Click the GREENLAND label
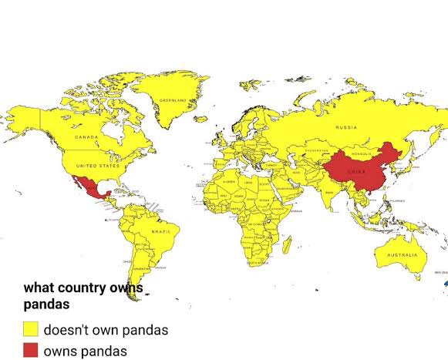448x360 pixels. click(x=173, y=100)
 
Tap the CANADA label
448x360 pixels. click(x=86, y=136)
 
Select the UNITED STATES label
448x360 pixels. click(x=98, y=165)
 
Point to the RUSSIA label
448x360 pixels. click(x=345, y=126)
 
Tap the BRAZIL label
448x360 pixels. click(x=161, y=231)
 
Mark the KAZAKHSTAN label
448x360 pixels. click(x=315, y=151)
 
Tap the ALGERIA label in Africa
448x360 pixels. click(x=229, y=181)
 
